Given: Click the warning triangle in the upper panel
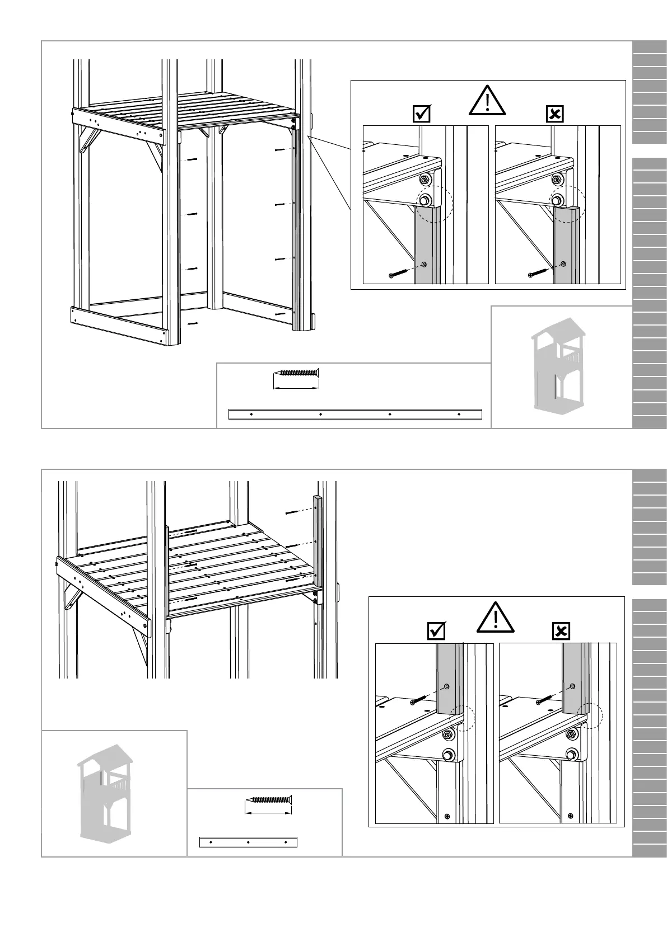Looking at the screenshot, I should pyautogui.click(x=488, y=101).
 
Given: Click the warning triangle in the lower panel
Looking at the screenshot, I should pyautogui.click(x=496, y=618).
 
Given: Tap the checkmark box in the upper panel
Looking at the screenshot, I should pyautogui.click(x=421, y=114).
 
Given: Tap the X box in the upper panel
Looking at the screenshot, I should pyautogui.click(x=554, y=114).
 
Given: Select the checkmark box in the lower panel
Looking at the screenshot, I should pyautogui.click(x=436, y=631).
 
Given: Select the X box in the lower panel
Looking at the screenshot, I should pyautogui.click(x=561, y=631).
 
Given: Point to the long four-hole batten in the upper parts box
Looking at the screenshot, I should pyautogui.click(x=355, y=414).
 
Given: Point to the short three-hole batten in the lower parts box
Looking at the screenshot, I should pyautogui.click(x=248, y=842).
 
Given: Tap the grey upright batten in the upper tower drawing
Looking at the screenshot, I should pyautogui.click(x=296, y=229).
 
